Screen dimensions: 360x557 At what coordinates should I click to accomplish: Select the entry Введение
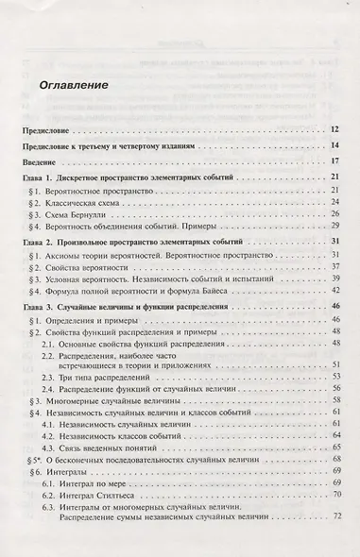point(42,162)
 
